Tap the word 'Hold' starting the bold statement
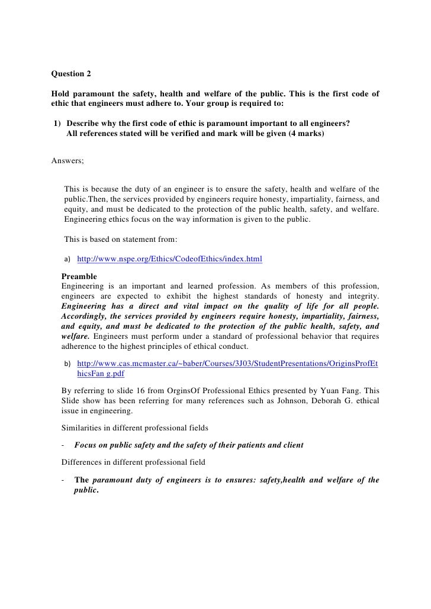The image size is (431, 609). tap(60, 94)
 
